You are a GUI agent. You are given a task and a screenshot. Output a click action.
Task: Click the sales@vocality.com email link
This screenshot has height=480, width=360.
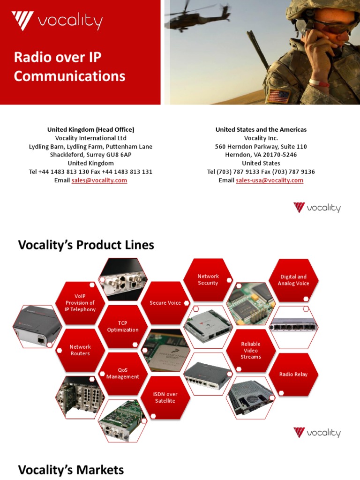(99, 180)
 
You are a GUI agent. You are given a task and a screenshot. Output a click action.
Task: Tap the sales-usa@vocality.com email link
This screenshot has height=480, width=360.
(270, 180)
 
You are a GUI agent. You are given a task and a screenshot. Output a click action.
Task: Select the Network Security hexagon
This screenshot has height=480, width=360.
(208, 280)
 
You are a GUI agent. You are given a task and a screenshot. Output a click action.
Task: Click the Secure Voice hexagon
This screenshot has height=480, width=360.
(165, 303)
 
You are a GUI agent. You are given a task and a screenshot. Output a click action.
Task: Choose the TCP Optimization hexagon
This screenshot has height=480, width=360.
(123, 327)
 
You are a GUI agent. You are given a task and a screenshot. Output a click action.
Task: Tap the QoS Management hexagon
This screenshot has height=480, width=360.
(123, 374)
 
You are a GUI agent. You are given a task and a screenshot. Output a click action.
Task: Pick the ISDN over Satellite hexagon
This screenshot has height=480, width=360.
(165, 397)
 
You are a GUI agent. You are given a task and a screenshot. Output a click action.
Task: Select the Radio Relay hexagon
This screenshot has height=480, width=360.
(293, 375)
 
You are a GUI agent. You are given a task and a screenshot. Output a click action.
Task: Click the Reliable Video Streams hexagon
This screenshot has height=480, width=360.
(251, 351)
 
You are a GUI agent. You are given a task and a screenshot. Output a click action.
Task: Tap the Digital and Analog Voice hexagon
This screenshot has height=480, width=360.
(293, 280)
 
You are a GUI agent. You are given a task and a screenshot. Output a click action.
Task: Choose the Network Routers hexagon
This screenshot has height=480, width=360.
(80, 350)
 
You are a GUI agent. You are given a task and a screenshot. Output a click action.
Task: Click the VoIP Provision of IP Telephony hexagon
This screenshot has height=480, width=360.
(80, 303)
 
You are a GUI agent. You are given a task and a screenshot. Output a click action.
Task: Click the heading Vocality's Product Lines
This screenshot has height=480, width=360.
(86, 245)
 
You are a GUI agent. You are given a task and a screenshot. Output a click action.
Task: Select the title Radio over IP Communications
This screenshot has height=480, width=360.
(69, 67)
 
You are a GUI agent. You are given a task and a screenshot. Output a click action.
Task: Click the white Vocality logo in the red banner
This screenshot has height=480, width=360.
(57, 22)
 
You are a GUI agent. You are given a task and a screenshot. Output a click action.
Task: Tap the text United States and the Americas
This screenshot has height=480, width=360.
(261, 129)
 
